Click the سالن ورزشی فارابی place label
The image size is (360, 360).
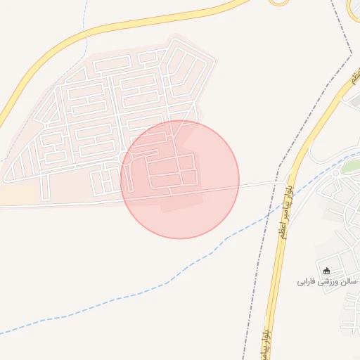click(x=328, y=281)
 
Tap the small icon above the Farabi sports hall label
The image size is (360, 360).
click(x=326, y=271)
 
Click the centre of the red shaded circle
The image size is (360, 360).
click(x=180, y=179)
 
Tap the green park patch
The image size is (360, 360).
click(x=349, y=166)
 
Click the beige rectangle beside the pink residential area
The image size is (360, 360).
click(x=17, y=193)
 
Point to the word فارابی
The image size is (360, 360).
click(x=307, y=281)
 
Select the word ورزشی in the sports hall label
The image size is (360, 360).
click(x=329, y=281)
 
